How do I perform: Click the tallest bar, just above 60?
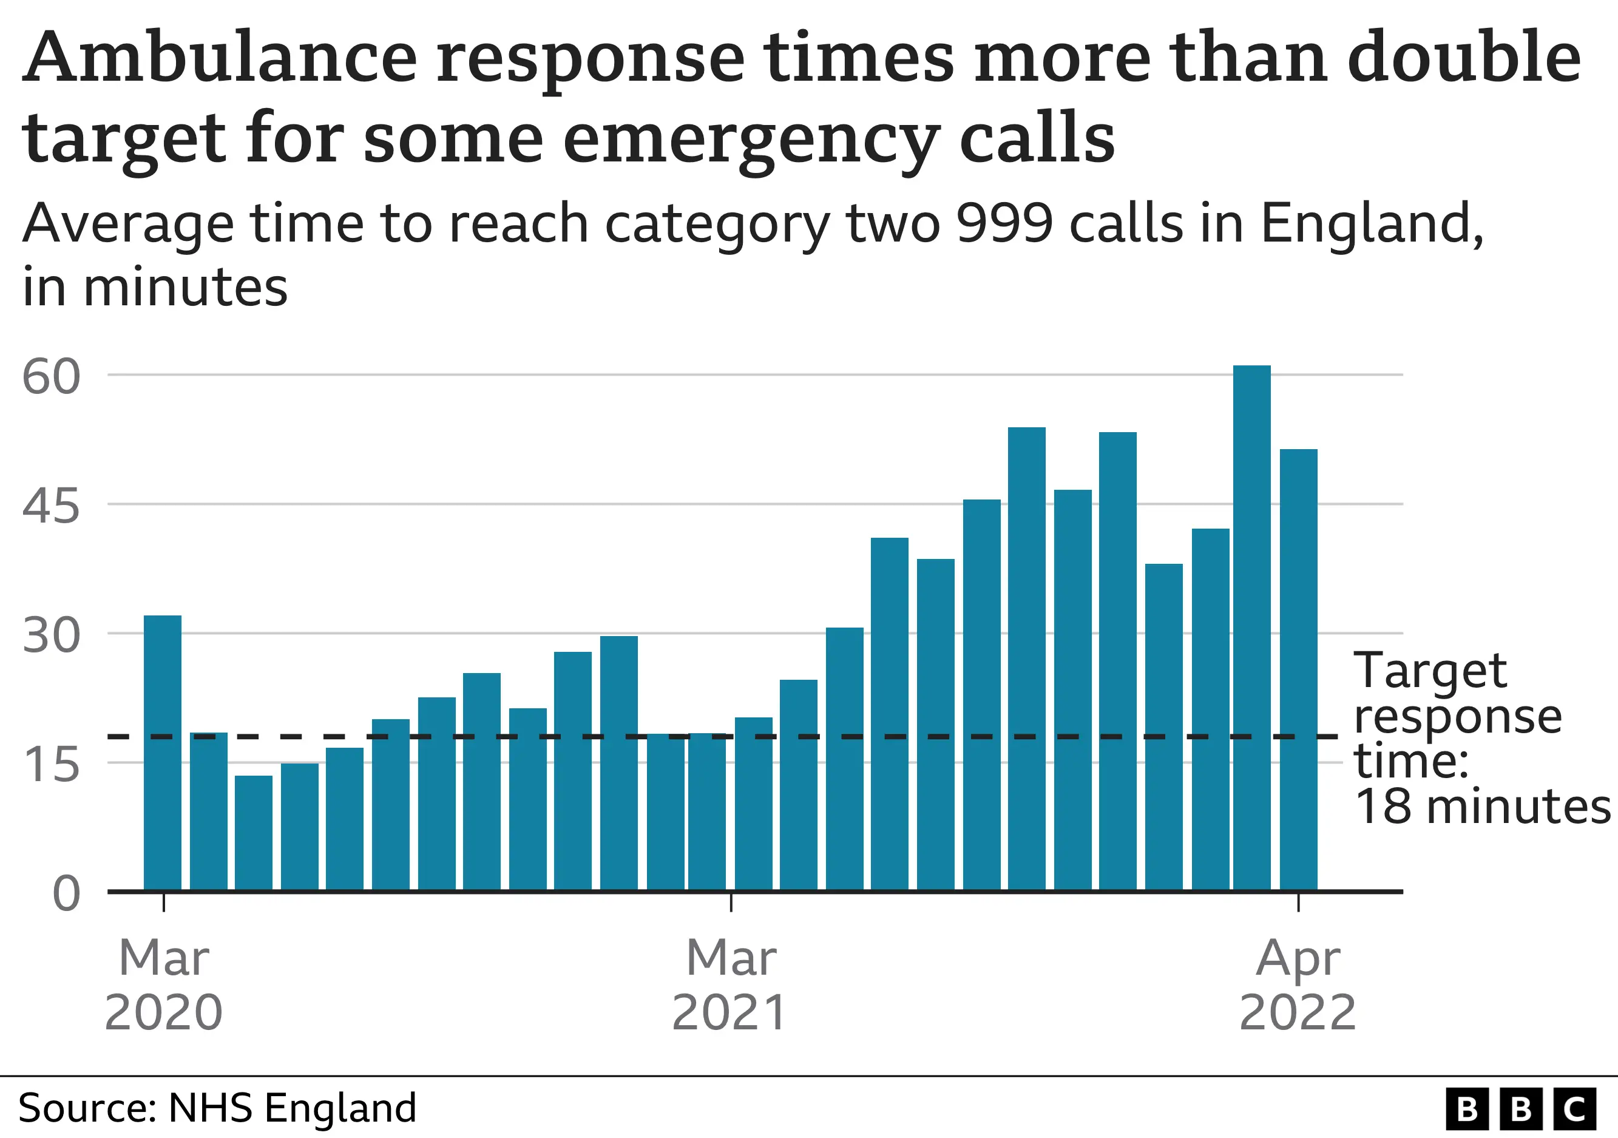[x=1251, y=627]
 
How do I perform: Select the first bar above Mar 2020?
[x=162, y=753]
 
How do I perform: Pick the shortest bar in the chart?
[x=253, y=833]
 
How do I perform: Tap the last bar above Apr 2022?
[x=1298, y=669]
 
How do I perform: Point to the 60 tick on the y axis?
[x=51, y=376]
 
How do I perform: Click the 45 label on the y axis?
[x=51, y=506]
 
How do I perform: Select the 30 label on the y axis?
[x=51, y=635]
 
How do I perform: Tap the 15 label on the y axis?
[x=51, y=765]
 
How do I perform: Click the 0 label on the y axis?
[x=66, y=894]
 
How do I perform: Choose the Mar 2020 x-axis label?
[x=163, y=985]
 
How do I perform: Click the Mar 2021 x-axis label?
[x=730, y=985]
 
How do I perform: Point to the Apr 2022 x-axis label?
[x=1298, y=985]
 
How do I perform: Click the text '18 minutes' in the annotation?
[x=1482, y=806]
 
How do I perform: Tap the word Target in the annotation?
[x=1430, y=671]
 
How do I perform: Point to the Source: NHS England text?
[x=217, y=1108]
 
